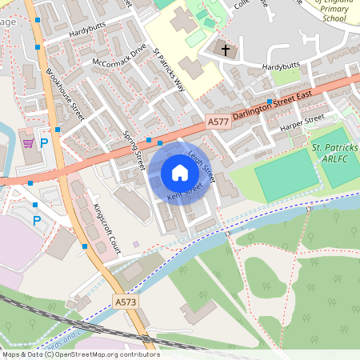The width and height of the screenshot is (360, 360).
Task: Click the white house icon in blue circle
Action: click(x=180, y=172)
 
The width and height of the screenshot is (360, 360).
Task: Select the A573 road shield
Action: click(x=126, y=302)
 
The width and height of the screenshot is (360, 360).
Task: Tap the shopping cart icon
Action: click(x=29, y=143)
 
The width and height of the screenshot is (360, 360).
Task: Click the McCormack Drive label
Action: click(x=120, y=54)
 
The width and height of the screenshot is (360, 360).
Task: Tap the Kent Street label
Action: click(x=184, y=193)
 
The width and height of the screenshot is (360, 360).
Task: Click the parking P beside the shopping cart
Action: click(x=44, y=144)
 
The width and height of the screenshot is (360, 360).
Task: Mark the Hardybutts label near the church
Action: click(x=281, y=65)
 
